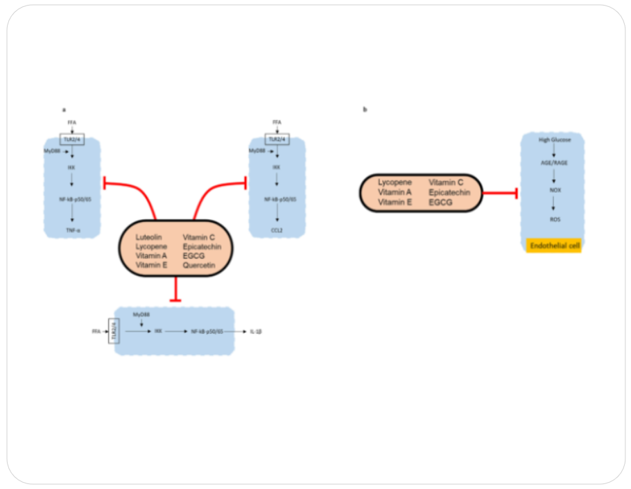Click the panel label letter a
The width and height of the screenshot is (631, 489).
pyautogui.click(x=64, y=110)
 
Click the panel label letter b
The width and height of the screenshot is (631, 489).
pyautogui.click(x=365, y=110)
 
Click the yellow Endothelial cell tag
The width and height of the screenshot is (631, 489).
pyautogui.click(x=553, y=246)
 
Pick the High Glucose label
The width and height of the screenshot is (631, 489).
pyautogui.click(x=554, y=140)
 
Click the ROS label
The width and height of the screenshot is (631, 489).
pyautogui.click(x=554, y=220)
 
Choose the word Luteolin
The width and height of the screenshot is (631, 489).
pyautogui.click(x=149, y=237)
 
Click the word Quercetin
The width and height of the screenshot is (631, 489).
pyautogui.click(x=200, y=265)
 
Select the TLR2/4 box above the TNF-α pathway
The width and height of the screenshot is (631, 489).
pyautogui.click(x=72, y=139)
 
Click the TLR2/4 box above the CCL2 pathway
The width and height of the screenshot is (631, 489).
pyautogui.click(x=277, y=139)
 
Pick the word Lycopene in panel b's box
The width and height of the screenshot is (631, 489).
pyautogui.click(x=395, y=182)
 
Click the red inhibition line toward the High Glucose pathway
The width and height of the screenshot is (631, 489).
pyautogui.click(x=499, y=192)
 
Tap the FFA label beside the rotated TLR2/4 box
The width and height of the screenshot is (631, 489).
pyautogui.click(x=96, y=332)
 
